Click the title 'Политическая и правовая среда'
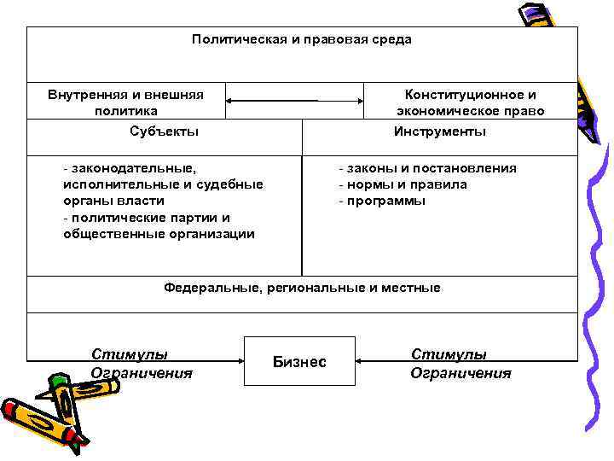click(x=301, y=39)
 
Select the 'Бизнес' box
click(x=298, y=361)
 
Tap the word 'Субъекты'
click(x=165, y=131)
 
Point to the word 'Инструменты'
click(x=440, y=131)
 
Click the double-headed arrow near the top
click(x=295, y=101)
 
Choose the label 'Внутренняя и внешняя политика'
click(x=126, y=102)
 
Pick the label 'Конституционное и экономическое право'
click(x=470, y=102)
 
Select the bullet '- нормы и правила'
click(x=403, y=184)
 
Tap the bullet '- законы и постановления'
click(x=427, y=168)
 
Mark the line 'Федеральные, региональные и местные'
click(x=302, y=288)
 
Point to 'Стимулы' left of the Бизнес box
click(x=130, y=354)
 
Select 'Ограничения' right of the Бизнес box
click(x=460, y=373)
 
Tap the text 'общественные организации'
click(x=159, y=234)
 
